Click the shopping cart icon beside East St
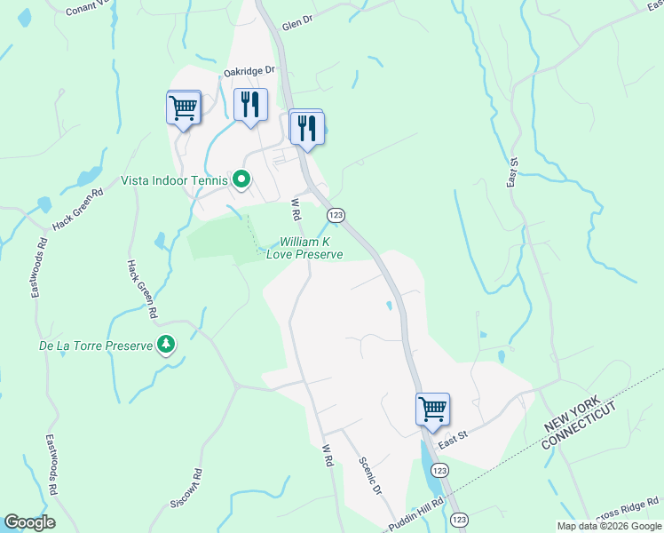coord(432,410)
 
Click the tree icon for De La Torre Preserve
coord(166,345)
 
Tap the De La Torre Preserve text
coord(96,346)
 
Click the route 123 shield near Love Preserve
coord(336,216)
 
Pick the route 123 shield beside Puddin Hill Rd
coord(458,519)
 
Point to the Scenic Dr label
coord(370,477)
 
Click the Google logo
coord(30,522)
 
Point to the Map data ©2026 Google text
coord(608,526)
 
